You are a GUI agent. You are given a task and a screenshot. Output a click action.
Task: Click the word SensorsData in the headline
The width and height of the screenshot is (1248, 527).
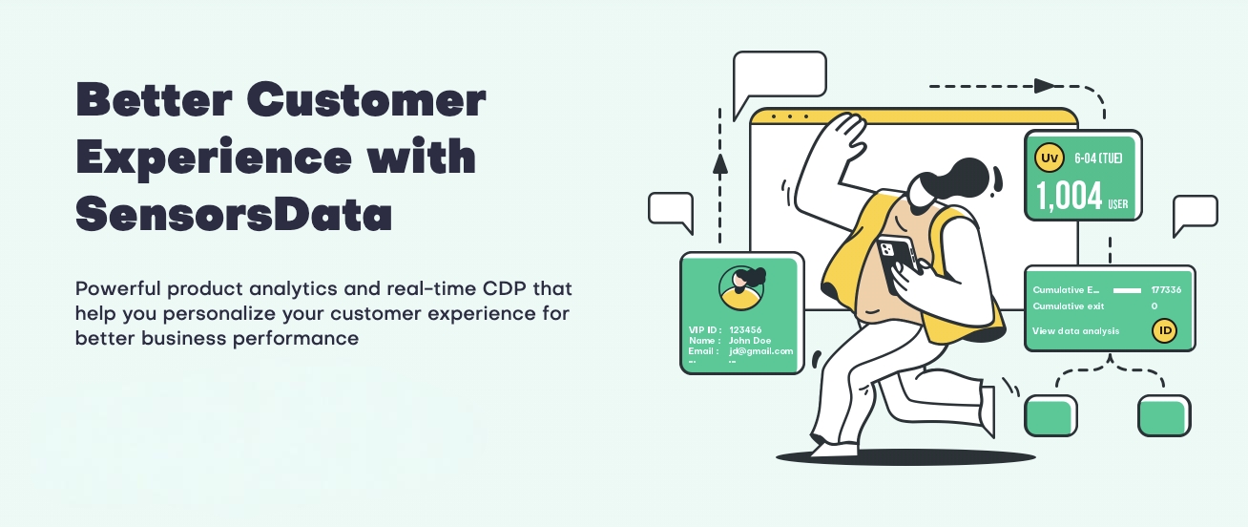pyautogui.click(x=234, y=214)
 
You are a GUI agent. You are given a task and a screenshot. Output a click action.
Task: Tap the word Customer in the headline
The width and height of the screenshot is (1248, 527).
pyautogui.click(x=366, y=99)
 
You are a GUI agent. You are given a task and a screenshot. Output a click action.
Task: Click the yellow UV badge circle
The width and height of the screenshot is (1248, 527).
pyautogui.click(x=1050, y=158)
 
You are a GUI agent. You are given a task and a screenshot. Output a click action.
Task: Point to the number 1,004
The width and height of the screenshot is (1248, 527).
pyautogui.click(x=1069, y=197)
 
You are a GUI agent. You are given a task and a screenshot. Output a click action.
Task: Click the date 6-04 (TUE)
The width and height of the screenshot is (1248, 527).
pyautogui.click(x=1098, y=158)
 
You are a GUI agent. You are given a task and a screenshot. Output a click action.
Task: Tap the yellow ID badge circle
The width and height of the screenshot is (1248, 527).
pyautogui.click(x=1164, y=330)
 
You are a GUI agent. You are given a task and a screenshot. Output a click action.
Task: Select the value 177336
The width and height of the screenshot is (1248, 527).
pyautogui.click(x=1166, y=290)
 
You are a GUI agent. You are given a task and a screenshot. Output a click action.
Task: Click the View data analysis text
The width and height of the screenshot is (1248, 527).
pyautogui.click(x=1075, y=331)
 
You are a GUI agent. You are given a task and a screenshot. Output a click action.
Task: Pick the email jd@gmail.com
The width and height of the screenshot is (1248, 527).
pyautogui.click(x=761, y=350)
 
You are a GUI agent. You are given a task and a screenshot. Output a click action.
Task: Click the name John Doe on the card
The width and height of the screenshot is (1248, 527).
pyautogui.click(x=750, y=340)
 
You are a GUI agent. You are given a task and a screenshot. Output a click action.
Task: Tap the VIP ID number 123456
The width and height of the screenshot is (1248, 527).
pyautogui.click(x=745, y=329)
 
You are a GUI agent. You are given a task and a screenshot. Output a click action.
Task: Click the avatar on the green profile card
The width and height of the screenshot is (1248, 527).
pyautogui.click(x=741, y=287)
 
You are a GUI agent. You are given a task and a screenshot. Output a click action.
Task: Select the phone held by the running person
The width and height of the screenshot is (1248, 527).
pyautogui.click(x=896, y=261)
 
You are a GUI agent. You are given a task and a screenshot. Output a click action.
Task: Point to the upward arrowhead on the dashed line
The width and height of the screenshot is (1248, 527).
pyautogui.click(x=719, y=164)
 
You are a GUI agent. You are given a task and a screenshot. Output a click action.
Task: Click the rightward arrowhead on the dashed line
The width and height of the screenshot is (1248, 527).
pyautogui.click(x=1045, y=86)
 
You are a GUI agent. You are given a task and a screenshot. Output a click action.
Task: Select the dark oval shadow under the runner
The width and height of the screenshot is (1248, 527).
pyautogui.click(x=905, y=457)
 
